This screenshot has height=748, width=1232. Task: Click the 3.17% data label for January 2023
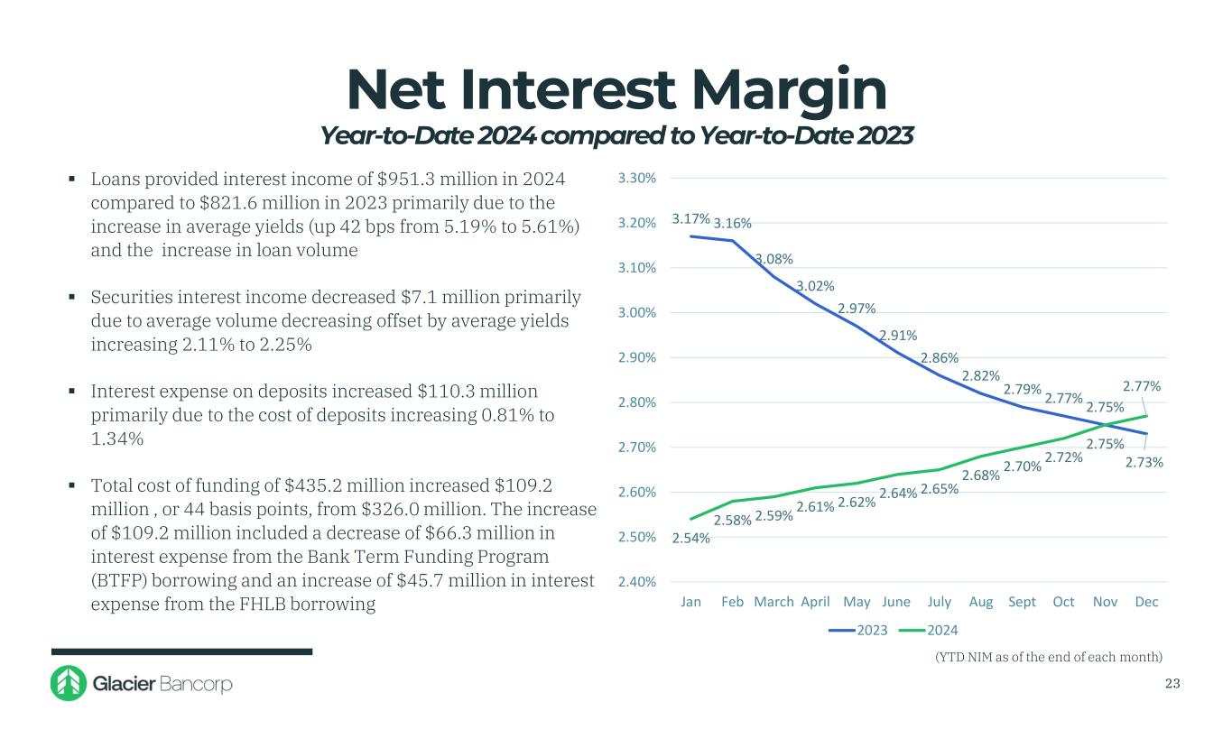[x=690, y=218]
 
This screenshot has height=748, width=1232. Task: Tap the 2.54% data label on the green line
[x=691, y=539]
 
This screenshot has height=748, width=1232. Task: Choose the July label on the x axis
[x=940, y=602]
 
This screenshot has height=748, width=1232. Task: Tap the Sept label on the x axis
[x=1022, y=602]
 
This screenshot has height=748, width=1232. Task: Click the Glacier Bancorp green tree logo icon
[x=68, y=684]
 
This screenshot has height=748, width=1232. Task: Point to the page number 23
[x=1172, y=684]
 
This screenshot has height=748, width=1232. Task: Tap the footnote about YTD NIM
[x=1048, y=656]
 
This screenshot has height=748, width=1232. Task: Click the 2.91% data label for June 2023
[x=899, y=336]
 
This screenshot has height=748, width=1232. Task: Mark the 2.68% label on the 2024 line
[x=979, y=476]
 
